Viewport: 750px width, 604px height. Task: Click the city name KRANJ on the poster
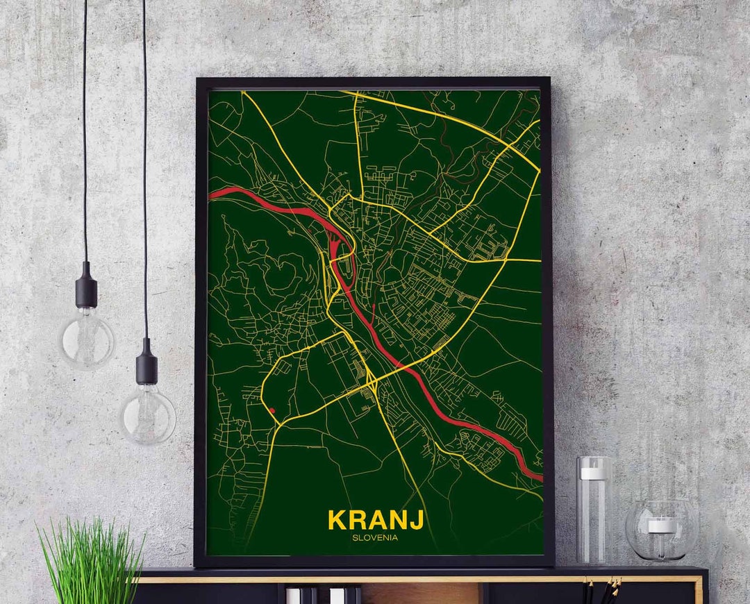(376, 520)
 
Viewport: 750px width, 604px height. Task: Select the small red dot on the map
(272, 411)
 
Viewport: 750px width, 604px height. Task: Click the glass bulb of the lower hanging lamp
(147, 414)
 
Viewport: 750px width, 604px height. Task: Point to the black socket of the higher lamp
(86, 285)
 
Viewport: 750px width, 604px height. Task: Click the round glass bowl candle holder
(662, 531)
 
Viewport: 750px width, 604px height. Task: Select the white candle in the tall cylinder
(594, 473)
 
